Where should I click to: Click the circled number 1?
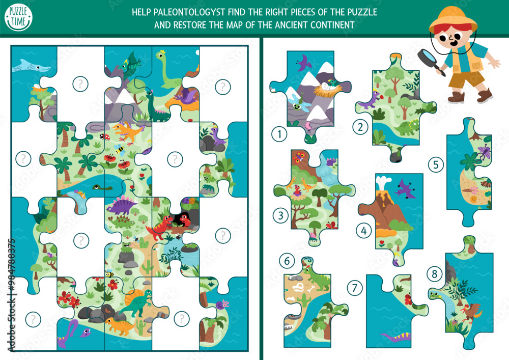click(x=279, y=135)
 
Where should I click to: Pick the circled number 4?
click(x=363, y=231)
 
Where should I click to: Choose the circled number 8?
click(x=434, y=274)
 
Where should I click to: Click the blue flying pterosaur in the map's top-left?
click(x=31, y=65)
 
